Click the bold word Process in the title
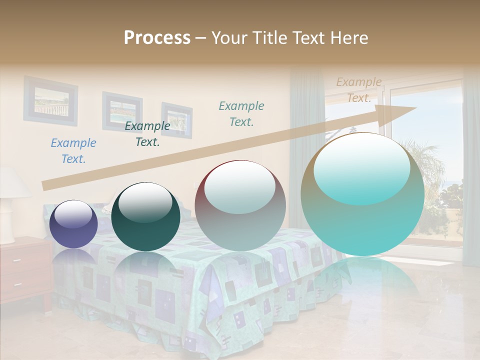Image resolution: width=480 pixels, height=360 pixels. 157,37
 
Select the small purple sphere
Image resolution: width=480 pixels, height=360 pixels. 73,224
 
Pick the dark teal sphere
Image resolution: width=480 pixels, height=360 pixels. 145,216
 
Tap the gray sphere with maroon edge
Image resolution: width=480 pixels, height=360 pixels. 240,205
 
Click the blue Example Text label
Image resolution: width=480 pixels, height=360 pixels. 73,151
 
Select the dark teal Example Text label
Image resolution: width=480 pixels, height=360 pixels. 147,134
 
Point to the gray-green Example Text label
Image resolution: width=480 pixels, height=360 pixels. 241,113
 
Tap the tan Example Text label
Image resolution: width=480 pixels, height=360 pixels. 359,90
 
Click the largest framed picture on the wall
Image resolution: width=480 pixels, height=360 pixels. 50,100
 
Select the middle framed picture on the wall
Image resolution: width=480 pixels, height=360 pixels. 122,111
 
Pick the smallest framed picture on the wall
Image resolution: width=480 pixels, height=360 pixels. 177,120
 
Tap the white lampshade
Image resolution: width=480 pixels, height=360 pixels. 12,182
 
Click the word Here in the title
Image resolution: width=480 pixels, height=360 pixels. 351,37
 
